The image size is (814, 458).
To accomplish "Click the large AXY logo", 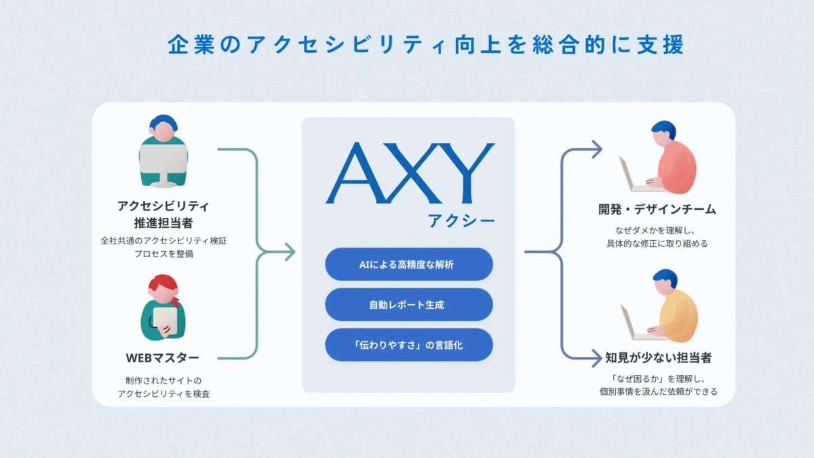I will coord(410,174).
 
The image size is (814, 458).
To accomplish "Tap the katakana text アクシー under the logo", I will coord(461,221).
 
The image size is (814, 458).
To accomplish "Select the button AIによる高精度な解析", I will coord(408,265).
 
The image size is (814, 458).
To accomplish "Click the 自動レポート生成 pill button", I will coord(408,305).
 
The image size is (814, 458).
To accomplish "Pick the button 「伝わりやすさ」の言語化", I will coord(408,345).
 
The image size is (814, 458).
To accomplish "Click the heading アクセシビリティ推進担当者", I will coord(163,214).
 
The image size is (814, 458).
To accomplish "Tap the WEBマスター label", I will coord(163,358).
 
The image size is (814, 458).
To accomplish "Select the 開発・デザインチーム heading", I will coord(657,209).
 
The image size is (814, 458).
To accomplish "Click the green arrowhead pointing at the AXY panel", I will coord(290,252).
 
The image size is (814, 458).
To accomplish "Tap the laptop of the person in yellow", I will coord(634,324).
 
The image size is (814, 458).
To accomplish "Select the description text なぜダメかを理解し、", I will coord(657,229).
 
